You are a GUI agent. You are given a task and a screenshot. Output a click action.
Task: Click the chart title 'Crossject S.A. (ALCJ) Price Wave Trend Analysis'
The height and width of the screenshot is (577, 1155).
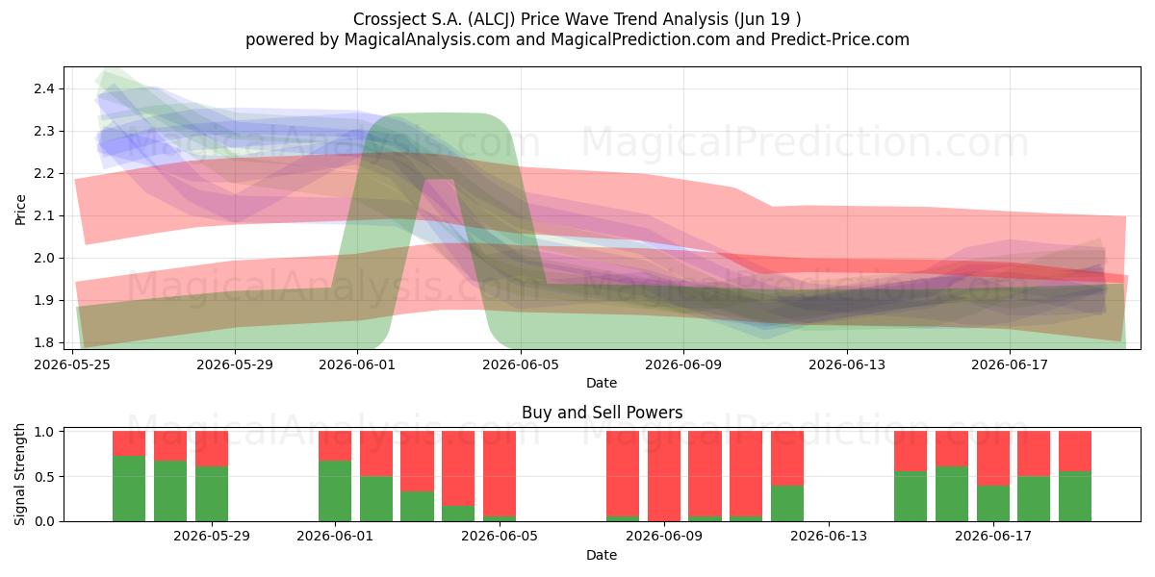point(540,19)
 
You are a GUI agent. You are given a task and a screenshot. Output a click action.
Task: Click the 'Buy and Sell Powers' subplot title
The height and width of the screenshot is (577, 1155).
point(602,413)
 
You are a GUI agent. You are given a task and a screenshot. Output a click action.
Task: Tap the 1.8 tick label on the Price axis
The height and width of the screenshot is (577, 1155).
point(44,342)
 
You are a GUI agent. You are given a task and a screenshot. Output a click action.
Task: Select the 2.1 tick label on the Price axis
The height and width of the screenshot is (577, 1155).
point(44,215)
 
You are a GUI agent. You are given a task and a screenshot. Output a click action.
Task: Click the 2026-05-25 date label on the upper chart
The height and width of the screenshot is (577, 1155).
point(72,364)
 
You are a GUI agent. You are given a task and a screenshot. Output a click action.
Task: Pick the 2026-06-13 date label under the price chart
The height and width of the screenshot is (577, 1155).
point(847,364)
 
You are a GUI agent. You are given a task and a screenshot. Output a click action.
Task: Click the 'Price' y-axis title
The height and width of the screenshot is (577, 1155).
point(20,210)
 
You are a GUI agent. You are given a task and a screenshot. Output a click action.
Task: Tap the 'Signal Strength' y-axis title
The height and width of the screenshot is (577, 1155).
point(19,474)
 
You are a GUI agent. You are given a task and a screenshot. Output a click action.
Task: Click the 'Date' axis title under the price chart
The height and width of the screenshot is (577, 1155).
point(602,383)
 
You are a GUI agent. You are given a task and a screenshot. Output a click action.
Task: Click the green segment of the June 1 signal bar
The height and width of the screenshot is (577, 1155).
point(335,491)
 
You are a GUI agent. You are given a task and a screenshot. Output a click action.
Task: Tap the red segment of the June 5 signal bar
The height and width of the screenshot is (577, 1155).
point(500,473)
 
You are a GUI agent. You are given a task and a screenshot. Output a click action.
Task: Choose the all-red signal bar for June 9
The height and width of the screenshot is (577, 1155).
point(664,476)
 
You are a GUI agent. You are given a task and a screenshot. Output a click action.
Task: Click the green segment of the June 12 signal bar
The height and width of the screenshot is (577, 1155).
point(787,503)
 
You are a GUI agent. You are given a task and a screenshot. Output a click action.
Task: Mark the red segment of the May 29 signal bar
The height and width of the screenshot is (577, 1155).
point(212,449)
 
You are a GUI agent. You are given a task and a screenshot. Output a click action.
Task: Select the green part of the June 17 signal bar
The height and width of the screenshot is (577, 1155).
point(993,503)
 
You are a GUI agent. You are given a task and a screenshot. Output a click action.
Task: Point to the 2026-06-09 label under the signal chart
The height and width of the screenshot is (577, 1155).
point(664,537)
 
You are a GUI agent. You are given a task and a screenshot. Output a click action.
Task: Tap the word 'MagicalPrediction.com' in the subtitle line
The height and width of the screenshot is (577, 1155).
point(640,39)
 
